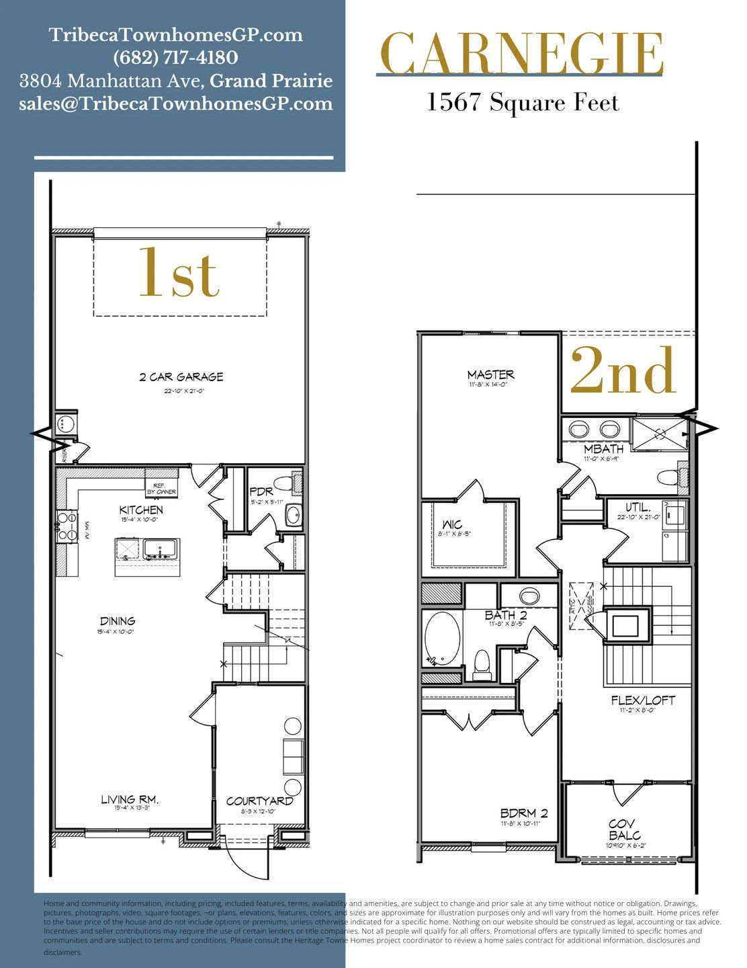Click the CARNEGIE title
click(x=521, y=54)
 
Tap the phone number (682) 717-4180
click(x=175, y=58)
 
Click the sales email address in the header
click(x=175, y=104)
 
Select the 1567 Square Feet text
click(x=522, y=103)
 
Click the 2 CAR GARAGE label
click(x=181, y=377)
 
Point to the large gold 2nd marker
click(x=623, y=371)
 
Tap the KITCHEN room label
click(x=141, y=510)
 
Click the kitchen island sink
click(x=159, y=549)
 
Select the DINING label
click(x=118, y=621)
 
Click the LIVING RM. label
click(x=129, y=800)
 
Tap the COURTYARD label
click(x=259, y=801)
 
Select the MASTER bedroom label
click(x=490, y=374)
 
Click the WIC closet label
click(x=452, y=525)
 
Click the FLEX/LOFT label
click(x=642, y=700)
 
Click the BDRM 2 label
click(x=523, y=813)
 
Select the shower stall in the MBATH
click(x=659, y=433)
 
